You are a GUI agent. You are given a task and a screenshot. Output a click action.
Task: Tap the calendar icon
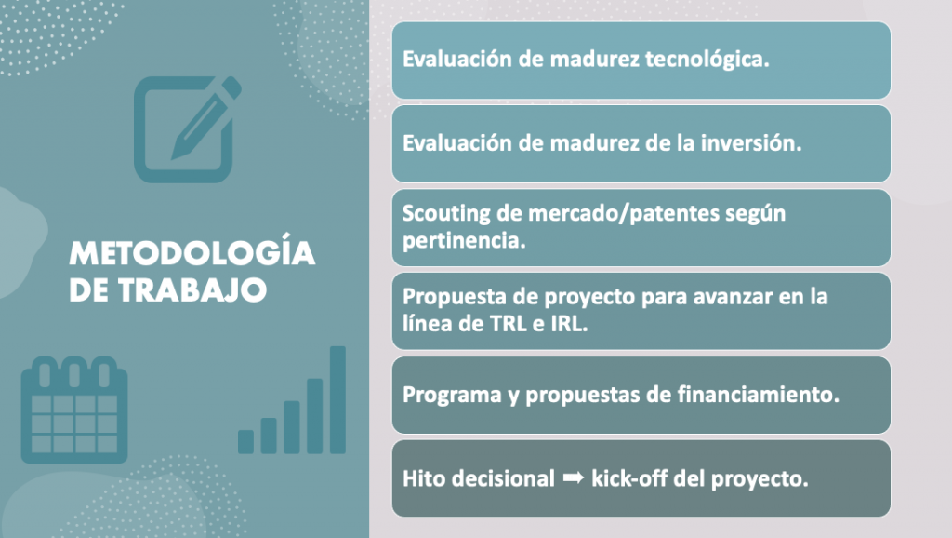tap(74, 410)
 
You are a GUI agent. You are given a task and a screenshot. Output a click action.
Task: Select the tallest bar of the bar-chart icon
tap(338, 400)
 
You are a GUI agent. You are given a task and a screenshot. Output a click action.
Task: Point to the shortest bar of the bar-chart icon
tap(245, 442)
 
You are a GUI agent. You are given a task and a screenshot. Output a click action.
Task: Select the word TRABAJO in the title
tap(192, 290)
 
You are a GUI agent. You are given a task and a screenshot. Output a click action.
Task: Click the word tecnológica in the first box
tap(707, 60)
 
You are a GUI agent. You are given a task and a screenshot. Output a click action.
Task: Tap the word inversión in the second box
tap(751, 142)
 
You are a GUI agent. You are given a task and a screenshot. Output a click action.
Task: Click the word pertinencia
tap(464, 241)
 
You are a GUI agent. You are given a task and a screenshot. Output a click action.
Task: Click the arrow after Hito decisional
tap(573, 477)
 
